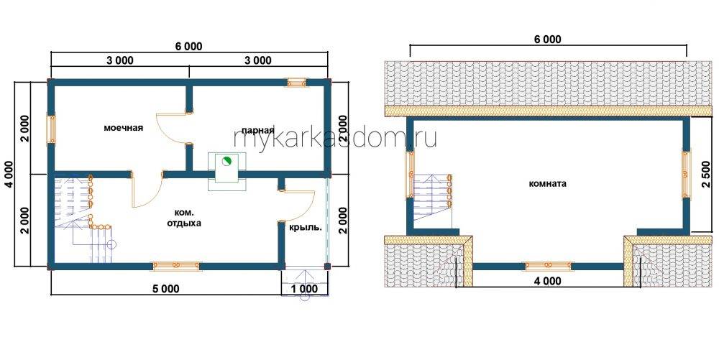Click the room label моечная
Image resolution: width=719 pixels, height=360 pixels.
(124, 128)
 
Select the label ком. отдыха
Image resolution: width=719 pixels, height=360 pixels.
(188, 218)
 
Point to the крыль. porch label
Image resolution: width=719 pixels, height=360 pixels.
(304, 227)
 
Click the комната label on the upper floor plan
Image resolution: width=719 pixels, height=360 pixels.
(547, 184)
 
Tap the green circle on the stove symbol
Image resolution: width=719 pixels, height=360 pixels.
(226, 161)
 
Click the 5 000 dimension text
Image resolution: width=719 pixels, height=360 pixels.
(165, 289)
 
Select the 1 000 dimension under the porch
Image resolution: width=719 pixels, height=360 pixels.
(304, 289)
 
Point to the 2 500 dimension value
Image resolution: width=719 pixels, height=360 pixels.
(707, 174)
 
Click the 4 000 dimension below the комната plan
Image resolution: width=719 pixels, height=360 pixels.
(547, 281)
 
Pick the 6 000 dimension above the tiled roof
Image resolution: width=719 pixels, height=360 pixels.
(547, 40)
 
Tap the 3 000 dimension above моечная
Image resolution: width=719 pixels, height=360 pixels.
(119, 60)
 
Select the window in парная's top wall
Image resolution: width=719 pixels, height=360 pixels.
(297, 83)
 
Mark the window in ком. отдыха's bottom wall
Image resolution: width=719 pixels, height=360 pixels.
(177, 266)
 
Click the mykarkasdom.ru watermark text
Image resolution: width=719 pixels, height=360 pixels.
(335, 137)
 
